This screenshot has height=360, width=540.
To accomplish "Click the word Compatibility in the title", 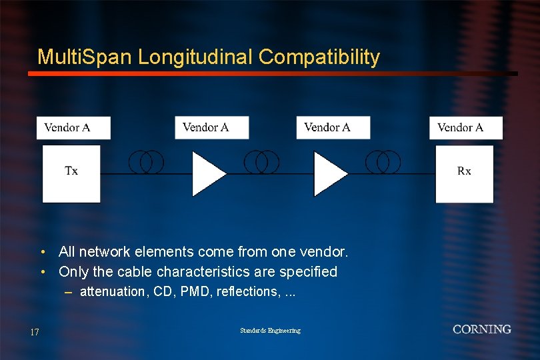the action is [319, 58].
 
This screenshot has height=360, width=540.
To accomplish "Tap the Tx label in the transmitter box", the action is [71, 171].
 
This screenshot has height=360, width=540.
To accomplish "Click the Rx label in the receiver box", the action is [464, 171].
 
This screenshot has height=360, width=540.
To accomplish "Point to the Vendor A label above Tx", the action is [67, 127].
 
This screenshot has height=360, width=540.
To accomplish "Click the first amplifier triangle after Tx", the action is [207, 173].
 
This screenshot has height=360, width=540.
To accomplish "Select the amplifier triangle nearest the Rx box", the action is [329, 173].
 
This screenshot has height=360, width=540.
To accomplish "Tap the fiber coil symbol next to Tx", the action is [146, 162].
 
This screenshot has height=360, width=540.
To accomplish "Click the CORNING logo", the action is [482, 329].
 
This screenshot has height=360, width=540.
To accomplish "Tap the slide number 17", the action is [35, 332].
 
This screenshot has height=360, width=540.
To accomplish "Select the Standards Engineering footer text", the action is [270, 331].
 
